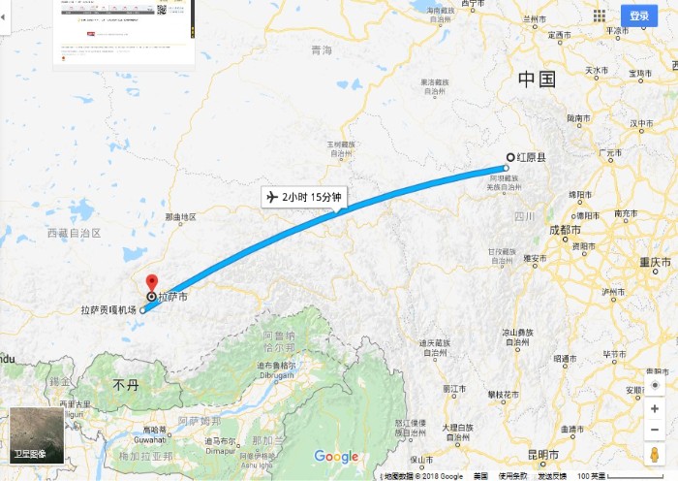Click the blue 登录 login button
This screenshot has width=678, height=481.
(639, 16)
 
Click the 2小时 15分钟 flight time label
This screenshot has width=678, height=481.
(305, 198)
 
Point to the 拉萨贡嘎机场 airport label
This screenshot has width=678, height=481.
(109, 310)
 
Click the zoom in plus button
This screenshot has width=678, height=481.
(656, 409)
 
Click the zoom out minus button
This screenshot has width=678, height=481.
(656, 430)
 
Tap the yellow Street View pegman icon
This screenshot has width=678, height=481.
(656, 455)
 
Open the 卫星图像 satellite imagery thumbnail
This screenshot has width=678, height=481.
(36, 435)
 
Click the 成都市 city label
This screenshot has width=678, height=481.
(565, 232)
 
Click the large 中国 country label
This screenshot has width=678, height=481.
(537, 80)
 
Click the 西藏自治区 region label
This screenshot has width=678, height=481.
(75, 234)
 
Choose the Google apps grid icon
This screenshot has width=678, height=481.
(600, 16)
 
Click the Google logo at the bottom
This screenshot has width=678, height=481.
(336, 457)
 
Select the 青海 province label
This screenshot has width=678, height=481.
(322, 50)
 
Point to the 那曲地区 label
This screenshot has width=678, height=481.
(181, 217)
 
